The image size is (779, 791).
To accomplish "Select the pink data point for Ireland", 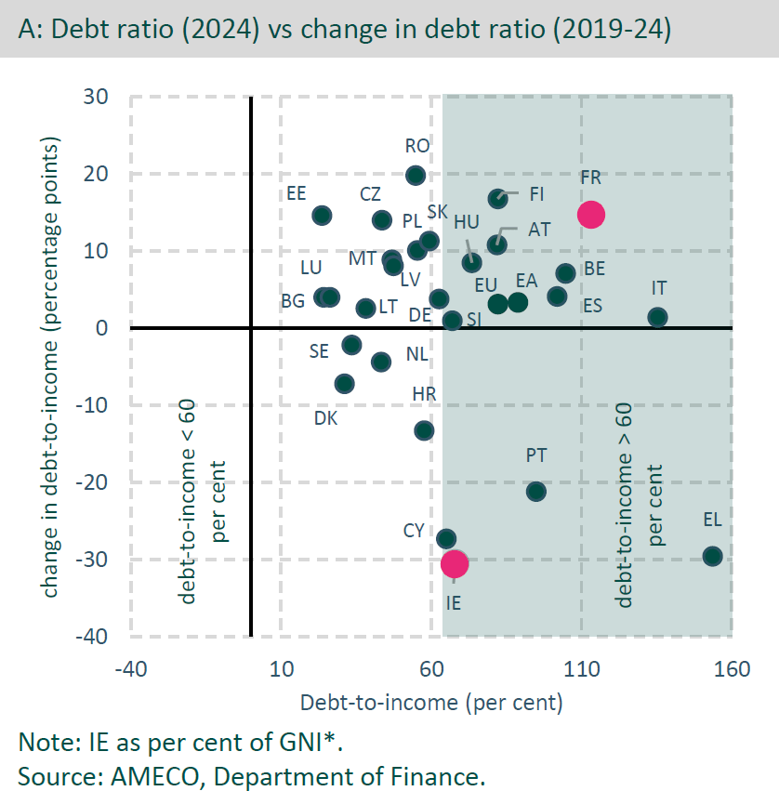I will click(x=455, y=563).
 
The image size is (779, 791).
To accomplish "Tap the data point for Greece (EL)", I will click(x=712, y=556).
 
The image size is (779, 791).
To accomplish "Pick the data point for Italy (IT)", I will click(x=657, y=317).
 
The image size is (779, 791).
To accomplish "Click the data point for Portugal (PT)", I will click(x=536, y=491).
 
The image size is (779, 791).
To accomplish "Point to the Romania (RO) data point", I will click(x=416, y=175).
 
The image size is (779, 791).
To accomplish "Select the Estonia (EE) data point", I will click(x=322, y=215).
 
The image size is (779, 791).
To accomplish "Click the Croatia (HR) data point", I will click(x=424, y=430).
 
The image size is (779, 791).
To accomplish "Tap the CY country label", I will click(x=414, y=531).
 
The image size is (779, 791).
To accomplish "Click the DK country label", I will click(x=325, y=418).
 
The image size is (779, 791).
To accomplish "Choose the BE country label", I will click(x=594, y=270).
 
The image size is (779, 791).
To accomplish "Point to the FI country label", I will click(x=536, y=194).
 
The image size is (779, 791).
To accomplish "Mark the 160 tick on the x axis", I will click(x=732, y=670).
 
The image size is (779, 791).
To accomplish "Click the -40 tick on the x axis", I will click(x=130, y=670).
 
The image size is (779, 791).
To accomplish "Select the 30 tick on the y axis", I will click(x=97, y=97).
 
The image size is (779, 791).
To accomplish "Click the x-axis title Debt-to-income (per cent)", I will click(x=431, y=702).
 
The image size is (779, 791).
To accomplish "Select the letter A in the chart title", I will click(x=28, y=30).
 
